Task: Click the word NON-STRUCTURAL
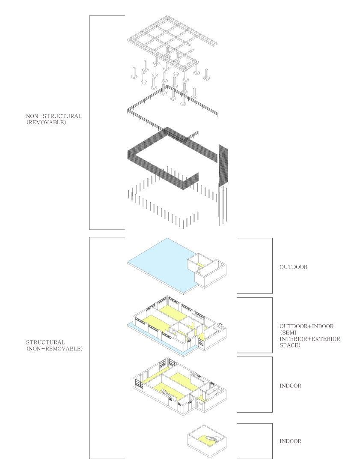54,116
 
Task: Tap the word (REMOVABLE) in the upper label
45,122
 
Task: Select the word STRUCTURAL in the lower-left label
45,342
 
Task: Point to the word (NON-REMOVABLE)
54,349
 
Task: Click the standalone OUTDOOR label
293,267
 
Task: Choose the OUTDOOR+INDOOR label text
306,326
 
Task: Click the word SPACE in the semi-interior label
290,345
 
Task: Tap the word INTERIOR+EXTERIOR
309,339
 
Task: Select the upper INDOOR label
290,386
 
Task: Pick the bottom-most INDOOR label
290,441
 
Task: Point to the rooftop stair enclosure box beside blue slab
207,270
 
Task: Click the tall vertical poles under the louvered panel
223,205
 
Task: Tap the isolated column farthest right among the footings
206,75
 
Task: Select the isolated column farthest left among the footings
134,73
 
